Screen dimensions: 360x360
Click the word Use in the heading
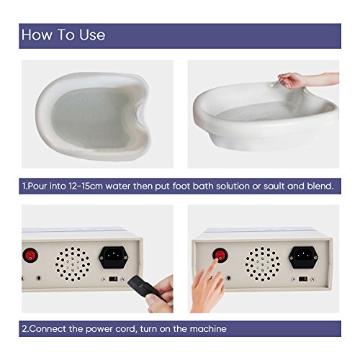tap(92, 35)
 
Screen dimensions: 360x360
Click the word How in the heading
tap(37, 35)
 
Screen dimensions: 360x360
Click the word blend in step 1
tap(320, 186)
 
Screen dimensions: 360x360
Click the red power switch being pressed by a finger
tap(220, 255)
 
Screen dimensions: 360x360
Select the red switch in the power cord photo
tap(30, 256)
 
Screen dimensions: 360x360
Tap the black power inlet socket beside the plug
tap(114, 257)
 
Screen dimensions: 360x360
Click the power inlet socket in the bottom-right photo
tap(303, 257)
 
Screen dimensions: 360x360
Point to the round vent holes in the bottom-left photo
tap(73, 264)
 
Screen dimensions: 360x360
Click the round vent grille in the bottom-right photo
tap(262, 264)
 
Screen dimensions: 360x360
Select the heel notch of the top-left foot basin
tap(141, 114)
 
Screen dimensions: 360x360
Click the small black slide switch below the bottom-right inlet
tap(302, 279)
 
